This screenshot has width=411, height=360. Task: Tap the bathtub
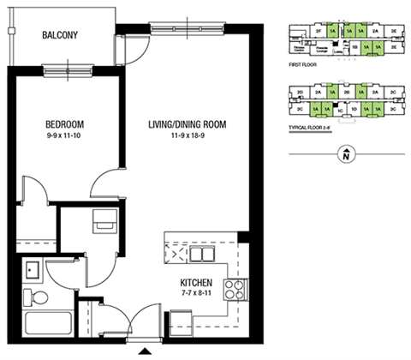(50, 327)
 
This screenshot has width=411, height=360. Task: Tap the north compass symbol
(345, 154)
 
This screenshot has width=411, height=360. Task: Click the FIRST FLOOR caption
(305, 63)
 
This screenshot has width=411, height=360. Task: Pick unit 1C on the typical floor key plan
(340, 111)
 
